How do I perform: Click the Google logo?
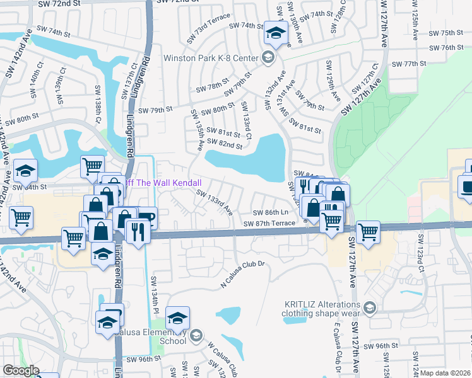pos(21,370)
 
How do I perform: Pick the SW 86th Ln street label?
pos(271,213)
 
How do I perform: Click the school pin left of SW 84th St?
pos(25,170)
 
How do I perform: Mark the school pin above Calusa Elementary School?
pos(178,317)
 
